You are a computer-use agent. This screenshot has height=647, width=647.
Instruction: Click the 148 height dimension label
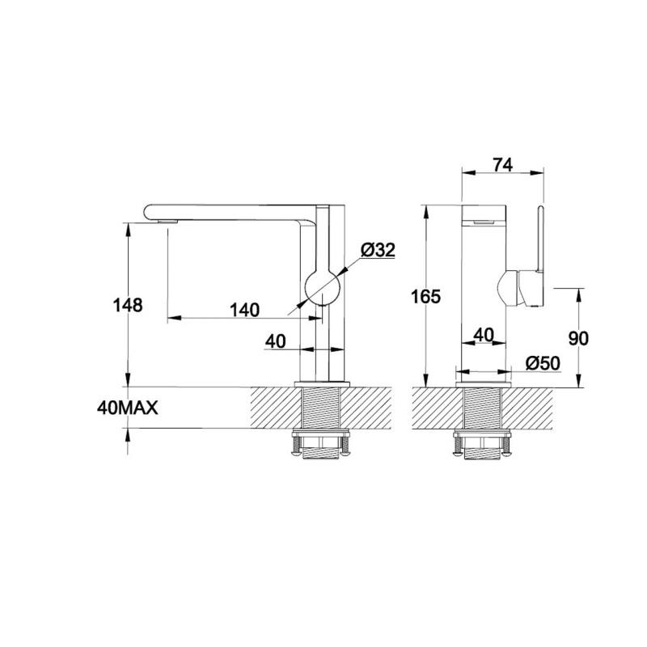[128, 306]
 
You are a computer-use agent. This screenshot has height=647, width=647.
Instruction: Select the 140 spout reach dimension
[245, 310]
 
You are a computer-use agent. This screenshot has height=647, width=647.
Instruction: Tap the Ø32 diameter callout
[378, 250]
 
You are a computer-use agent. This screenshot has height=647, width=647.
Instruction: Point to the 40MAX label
[128, 408]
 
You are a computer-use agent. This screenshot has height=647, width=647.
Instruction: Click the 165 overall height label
[426, 296]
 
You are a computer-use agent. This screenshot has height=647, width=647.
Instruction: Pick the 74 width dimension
[503, 165]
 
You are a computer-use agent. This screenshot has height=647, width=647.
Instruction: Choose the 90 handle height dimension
[578, 338]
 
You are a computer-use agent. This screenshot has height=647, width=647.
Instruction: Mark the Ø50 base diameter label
[543, 363]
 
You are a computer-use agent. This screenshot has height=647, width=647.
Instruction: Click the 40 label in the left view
[275, 341]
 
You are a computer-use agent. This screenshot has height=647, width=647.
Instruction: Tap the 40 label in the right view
[484, 335]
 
